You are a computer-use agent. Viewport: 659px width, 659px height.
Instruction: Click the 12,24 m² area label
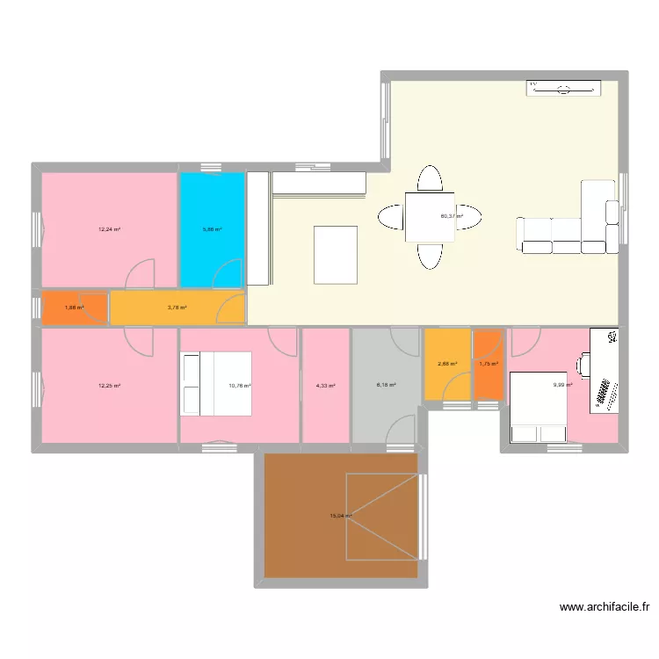pos(109,229)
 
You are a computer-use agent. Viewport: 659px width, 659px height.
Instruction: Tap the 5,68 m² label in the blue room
pos(212,229)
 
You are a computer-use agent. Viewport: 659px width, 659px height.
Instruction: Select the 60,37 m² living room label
pos(452,215)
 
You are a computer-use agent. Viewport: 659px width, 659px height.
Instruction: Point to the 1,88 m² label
pos(76,308)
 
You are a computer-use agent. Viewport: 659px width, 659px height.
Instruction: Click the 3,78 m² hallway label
pos(177,308)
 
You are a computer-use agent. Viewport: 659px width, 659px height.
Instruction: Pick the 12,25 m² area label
pos(109,386)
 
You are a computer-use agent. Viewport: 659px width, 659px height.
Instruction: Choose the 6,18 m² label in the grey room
pos(387,385)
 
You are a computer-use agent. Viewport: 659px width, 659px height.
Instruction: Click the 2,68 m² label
pos(448,364)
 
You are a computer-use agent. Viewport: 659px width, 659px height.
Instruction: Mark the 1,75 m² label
pos(489,364)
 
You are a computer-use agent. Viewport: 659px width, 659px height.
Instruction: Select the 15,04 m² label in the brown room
pos(341,517)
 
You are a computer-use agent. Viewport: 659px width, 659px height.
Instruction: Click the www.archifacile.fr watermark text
pos(606,606)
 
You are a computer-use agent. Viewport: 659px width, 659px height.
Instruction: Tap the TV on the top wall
pos(564,87)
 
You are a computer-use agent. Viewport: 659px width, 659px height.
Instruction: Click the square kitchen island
pos(336,255)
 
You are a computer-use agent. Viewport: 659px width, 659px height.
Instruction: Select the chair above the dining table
pos(430,178)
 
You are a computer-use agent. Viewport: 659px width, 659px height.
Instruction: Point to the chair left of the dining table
pos(390,215)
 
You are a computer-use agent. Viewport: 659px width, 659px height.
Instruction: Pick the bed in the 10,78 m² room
pos(216,384)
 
